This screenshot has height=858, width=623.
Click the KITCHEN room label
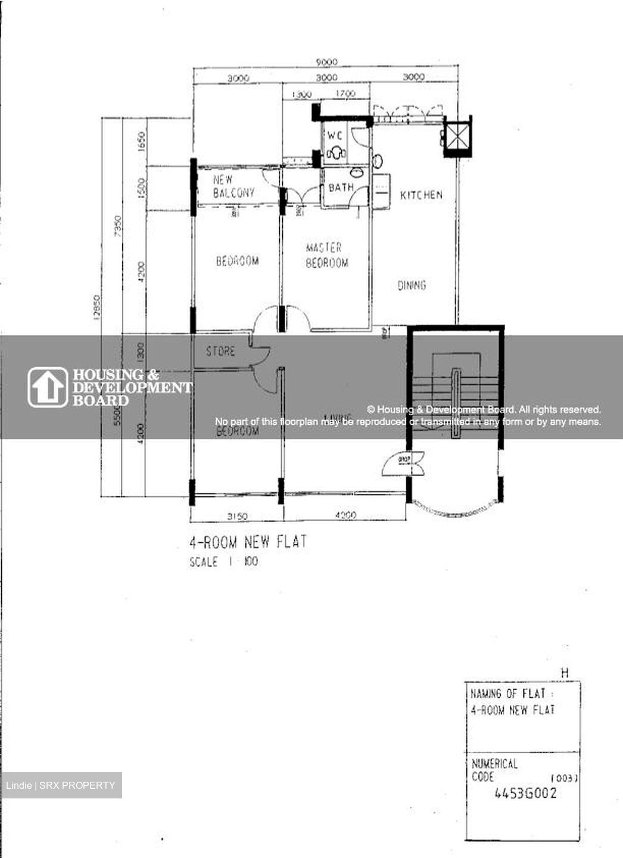[421, 195]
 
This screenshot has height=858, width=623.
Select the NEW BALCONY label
[233, 186]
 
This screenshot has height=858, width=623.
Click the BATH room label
[341, 188]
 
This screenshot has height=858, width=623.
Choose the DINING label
[412, 285]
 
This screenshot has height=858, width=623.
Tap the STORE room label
[220, 352]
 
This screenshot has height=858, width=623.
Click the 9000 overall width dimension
[326, 62]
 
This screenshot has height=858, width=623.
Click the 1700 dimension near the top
[345, 94]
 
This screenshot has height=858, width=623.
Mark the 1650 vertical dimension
[141, 142]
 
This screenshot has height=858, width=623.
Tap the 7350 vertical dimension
[118, 226]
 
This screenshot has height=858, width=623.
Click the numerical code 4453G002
[526, 793]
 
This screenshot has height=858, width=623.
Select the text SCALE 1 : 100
[224, 561]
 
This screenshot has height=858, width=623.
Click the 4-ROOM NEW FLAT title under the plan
[248, 542]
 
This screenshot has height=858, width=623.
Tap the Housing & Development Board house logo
[48, 387]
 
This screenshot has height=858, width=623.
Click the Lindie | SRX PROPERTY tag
[61, 785]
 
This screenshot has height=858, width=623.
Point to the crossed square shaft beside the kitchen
[457, 137]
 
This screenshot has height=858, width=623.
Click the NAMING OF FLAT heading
[512, 694]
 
